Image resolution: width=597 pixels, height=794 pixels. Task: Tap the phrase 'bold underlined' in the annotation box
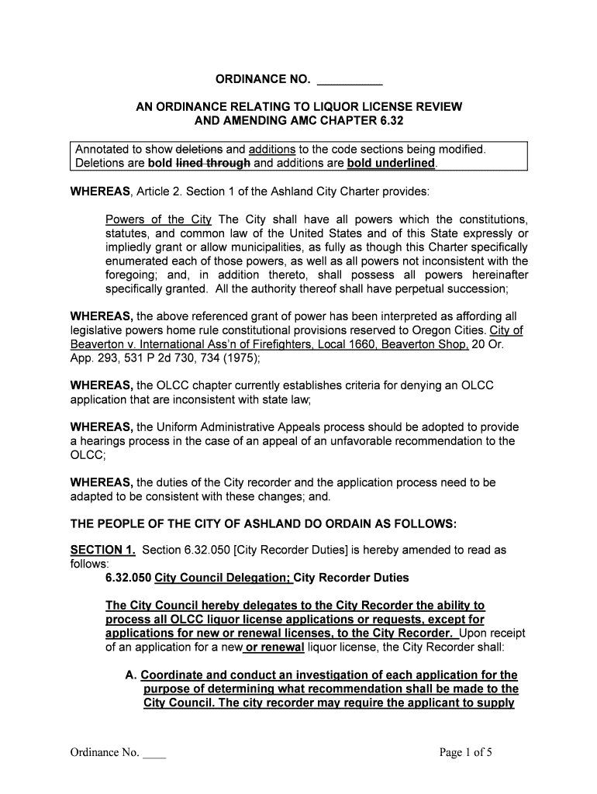coord(391,163)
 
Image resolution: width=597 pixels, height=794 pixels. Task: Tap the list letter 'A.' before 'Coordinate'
coord(131,675)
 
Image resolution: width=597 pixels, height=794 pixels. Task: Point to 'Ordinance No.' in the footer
coord(105,752)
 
